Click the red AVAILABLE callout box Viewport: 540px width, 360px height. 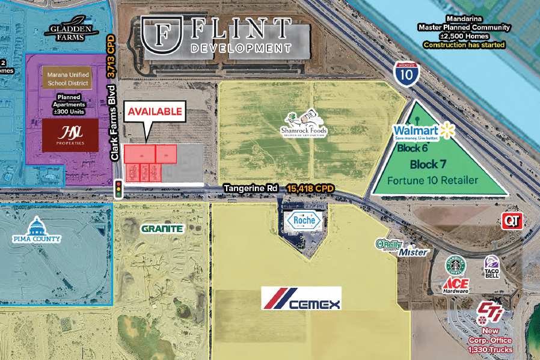[x=155, y=111]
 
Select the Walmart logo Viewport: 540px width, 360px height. [x=421, y=132]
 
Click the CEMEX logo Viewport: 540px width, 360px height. [x=301, y=297]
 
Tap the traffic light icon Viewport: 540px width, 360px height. [x=119, y=189]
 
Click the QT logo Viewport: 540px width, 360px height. [x=511, y=221]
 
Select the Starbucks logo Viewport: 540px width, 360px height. [x=456, y=265]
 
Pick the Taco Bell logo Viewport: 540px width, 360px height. [x=491, y=267]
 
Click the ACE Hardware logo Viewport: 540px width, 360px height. [x=456, y=286]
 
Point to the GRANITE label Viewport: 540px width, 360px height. [x=162, y=228]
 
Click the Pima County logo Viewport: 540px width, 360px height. [x=37, y=231]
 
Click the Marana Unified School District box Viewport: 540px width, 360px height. [x=67, y=79]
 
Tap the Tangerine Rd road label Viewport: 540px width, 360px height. [x=251, y=188]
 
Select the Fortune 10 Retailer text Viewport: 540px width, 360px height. [x=432, y=180]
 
